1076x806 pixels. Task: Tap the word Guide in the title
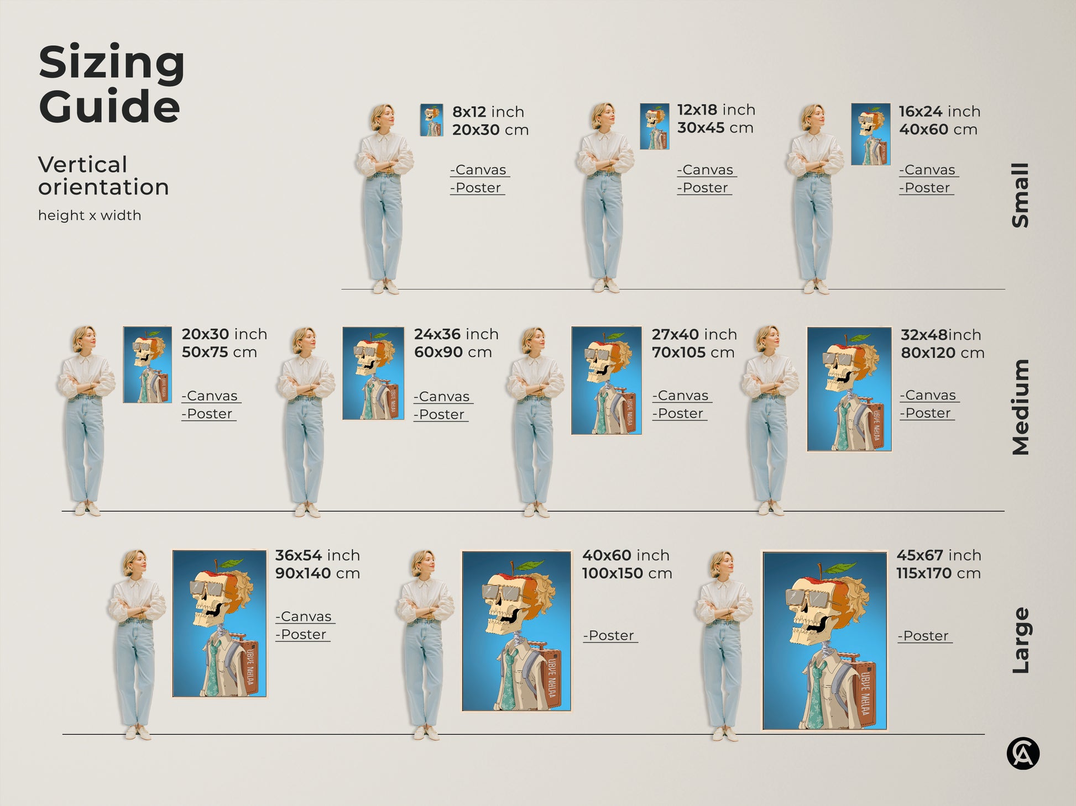coord(109,106)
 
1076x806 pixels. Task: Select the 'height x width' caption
coord(90,215)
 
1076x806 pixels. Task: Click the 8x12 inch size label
coord(488,112)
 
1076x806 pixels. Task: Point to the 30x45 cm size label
coord(715,128)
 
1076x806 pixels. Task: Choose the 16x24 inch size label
coord(939,111)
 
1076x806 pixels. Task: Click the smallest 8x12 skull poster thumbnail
coord(431,120)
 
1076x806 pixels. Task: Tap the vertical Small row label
coord(1021,194)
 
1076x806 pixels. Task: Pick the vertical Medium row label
coord(1021,407)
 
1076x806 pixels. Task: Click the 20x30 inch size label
coord(224,334)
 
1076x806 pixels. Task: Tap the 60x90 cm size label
coord(452,352)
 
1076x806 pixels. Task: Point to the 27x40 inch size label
coord(694,334)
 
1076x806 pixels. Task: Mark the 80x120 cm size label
coord(942,352)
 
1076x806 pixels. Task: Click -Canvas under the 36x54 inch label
coord(305,617)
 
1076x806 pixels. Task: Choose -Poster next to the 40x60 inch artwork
coord(609,635)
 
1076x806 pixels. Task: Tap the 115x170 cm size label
coord(938,573)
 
